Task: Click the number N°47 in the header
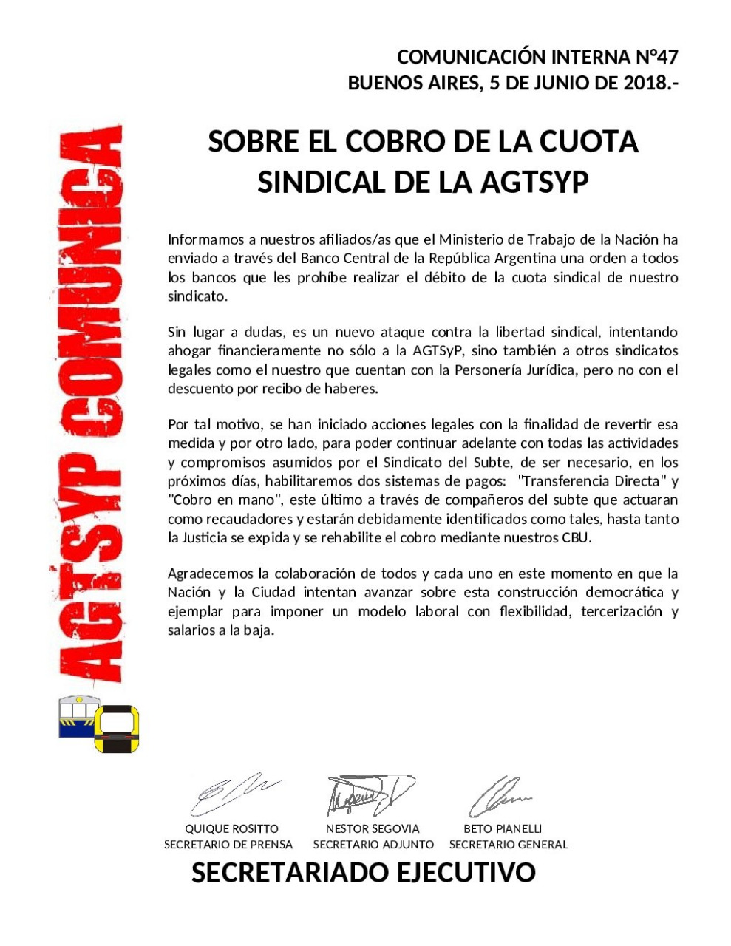[x=656, y=57]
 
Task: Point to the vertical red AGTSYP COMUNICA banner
[x=87, y=403]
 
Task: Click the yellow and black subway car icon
[x=117, y=729]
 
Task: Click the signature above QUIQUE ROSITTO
[x=231, y=794]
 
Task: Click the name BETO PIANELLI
[x=503, y=828]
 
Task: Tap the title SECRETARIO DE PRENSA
[x=228, y=844]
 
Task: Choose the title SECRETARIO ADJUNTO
[x=373, y=844]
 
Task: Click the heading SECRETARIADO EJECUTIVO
[x=363, y=873]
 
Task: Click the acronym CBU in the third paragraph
[x=576, y=537]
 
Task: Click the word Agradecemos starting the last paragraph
[x=210, y=574]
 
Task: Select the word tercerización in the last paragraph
[x=621, y=611]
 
